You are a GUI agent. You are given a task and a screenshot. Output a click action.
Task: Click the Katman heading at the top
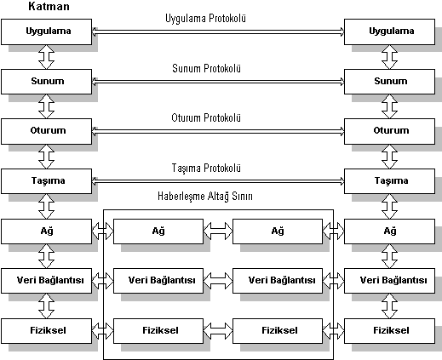pos(49,6)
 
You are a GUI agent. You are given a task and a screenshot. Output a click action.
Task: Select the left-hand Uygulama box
pos(47,31)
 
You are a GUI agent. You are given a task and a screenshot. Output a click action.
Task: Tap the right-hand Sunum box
pos(389,82)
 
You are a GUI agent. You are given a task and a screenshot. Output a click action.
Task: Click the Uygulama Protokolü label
pos(205,19)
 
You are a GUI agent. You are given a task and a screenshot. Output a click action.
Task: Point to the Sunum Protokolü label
pos(206,68)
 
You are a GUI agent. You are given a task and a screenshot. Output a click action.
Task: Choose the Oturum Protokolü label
pos(206,117)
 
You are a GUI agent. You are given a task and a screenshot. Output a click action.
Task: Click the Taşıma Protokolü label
pos(206,168)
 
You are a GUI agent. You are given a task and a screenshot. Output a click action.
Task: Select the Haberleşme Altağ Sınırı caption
pos(205,196)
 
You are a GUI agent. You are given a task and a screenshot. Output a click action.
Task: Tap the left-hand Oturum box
pos(47,131)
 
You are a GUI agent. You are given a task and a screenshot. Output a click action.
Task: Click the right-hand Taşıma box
pos(389,181)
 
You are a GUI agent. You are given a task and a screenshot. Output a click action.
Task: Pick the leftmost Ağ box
pos(47,231)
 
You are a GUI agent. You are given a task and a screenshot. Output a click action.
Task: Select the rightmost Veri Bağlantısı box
pos(389,281)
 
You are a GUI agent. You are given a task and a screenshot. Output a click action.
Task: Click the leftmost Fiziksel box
pos(47,331)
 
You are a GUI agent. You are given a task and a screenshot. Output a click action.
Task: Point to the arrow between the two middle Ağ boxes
pos(218,230)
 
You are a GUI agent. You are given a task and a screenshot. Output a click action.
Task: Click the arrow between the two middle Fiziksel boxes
pos(218,330)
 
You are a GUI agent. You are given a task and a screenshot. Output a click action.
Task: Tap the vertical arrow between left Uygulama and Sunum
pos(46,57)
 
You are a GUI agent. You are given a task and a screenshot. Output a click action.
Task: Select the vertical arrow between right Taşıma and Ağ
pos(389,207)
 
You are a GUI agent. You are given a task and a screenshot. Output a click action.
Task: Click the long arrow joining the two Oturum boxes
pos(218,131)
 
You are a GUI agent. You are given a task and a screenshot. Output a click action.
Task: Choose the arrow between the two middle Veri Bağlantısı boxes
pos(218,280)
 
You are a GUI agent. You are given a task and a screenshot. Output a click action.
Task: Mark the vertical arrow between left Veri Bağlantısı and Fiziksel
pos(46,306)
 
